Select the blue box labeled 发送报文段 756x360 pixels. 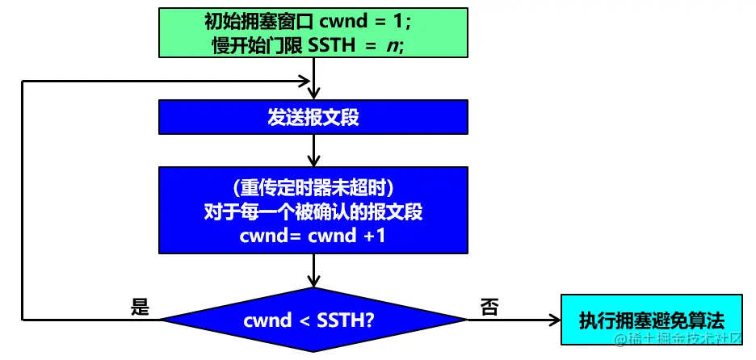pos(313,118)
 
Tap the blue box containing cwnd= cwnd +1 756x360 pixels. pos(313,237)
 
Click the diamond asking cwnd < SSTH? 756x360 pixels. pos(313,320)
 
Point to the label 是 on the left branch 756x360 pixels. pos(140,308)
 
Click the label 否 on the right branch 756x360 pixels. pos(489,308)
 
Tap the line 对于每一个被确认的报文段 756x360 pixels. pos(313,212)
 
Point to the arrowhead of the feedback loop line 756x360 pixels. pos(305,82)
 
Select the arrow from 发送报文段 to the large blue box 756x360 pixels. pos(313,150)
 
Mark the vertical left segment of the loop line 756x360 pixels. pos(23,202)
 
